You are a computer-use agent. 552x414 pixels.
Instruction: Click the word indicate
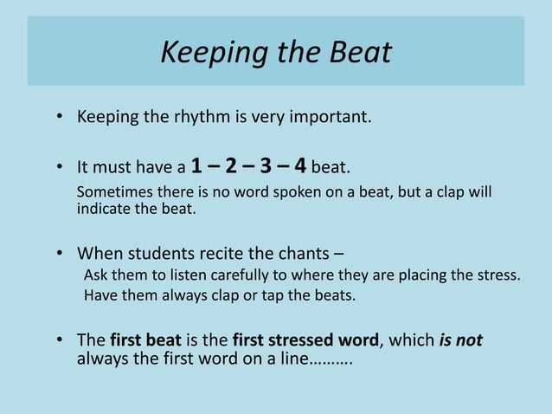click(x=101, y=209)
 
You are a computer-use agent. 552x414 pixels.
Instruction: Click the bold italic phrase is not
click(x=460, y=340)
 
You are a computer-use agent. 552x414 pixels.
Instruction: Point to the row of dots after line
click(x=331, y=358)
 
